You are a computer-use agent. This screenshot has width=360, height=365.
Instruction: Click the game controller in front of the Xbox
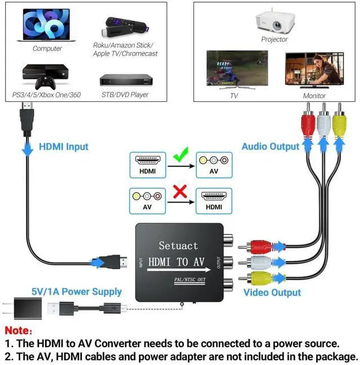(44, 82)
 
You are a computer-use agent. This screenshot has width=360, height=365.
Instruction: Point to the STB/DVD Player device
(126, 79)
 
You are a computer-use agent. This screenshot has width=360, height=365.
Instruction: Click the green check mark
(181, 153)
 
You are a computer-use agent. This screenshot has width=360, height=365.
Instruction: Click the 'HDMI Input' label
(64, 147)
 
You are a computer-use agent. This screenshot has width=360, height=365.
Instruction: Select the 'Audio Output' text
(270, 147)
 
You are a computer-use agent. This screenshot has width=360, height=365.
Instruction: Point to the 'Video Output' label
(272, 292)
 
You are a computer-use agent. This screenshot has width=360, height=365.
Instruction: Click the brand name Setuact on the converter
(178, 245)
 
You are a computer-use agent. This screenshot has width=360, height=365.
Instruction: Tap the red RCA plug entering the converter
(260, 246)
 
